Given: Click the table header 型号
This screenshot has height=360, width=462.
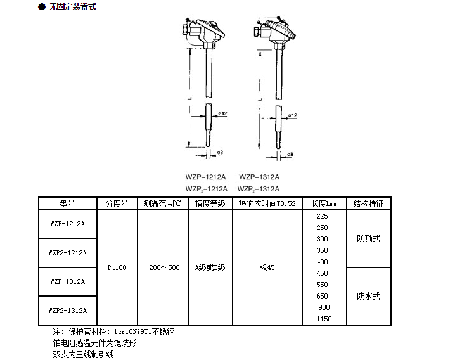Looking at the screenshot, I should [68, 203].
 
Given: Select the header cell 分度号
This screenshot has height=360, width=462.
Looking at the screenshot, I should [117, 203].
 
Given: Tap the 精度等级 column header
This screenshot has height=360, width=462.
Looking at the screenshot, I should [210, 203].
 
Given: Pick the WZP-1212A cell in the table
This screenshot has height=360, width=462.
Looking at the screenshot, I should [68, 224].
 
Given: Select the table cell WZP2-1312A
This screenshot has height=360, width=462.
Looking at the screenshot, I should [68, 310].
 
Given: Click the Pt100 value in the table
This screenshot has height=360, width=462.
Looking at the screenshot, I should [117, 267].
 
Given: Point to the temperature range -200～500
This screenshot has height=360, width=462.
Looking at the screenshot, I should [162, 267].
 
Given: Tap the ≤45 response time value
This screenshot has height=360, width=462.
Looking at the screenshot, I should [267, 267].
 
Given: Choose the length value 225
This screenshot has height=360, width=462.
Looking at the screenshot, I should [322, 216].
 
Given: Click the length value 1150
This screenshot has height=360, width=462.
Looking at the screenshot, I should [323, 319].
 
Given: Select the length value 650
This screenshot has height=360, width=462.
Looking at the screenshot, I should [322, 296].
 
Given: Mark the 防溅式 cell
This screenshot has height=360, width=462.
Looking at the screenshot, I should [368, 238].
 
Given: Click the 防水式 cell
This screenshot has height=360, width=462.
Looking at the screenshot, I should [368, 296].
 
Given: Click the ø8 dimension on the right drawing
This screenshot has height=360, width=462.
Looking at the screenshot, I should [290, 153].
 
